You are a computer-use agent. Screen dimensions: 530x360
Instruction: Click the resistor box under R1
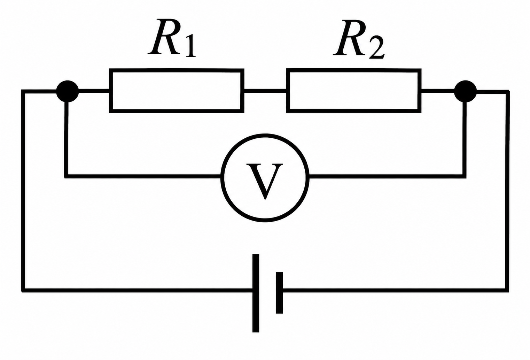(x=176, y=70)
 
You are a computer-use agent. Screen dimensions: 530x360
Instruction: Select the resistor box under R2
(x=354, y=70)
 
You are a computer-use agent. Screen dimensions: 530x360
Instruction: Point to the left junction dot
(x=68, y=91)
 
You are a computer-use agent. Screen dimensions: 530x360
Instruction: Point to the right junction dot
(x=466, y=91)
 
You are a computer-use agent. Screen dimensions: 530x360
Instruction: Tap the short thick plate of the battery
(x=279, y=293)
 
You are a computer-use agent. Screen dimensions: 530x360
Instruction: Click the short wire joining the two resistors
(x=265, y=91)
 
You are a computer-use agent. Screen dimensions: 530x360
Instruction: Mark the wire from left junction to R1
(x=94, y=91)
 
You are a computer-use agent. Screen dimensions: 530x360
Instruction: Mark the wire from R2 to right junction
(x=438, y=91)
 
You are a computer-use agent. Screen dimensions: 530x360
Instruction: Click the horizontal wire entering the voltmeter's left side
(x=143, y=176)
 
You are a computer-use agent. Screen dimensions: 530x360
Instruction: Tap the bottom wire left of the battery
(x=137, y=290)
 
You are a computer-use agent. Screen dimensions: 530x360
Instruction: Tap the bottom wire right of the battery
(x=396, y=290)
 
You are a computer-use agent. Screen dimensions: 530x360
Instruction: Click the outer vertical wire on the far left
(x=23, y=191)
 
